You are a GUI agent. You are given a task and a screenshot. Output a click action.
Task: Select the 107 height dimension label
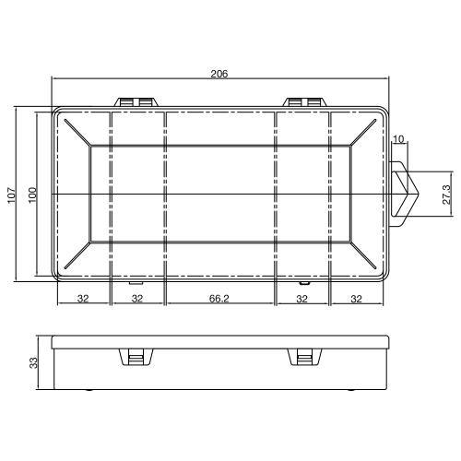(x=12, y=195)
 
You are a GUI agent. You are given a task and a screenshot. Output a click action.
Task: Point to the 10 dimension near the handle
(x=398, y=139)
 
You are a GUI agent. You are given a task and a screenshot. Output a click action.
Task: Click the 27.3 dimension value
(x=446, y=195)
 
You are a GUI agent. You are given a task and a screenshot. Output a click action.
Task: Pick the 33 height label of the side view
(x=32, y=364)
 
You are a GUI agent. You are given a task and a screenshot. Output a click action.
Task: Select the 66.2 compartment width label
(x=219, y=299)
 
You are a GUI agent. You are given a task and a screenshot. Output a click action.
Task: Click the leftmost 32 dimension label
(x=82, y=299)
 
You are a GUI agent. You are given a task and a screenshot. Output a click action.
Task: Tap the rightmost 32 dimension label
(x=357, y=299)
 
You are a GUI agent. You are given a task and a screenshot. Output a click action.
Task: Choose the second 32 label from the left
(x=136, y=299)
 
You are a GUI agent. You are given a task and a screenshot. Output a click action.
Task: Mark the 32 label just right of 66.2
(x=301, y=299)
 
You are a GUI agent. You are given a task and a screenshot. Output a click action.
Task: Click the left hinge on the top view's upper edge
(x=135, y=101)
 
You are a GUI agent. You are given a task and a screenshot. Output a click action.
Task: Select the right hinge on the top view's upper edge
(x=303, y=101)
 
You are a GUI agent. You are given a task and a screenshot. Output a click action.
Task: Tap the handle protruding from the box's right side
(x=404, y=195)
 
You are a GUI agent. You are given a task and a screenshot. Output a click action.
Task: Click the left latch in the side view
(x=135, y=358)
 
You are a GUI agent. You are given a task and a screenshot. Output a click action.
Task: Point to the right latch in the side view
(x=303, y=358)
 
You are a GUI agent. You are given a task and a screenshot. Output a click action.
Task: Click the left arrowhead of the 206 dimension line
(x=55, y=78)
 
